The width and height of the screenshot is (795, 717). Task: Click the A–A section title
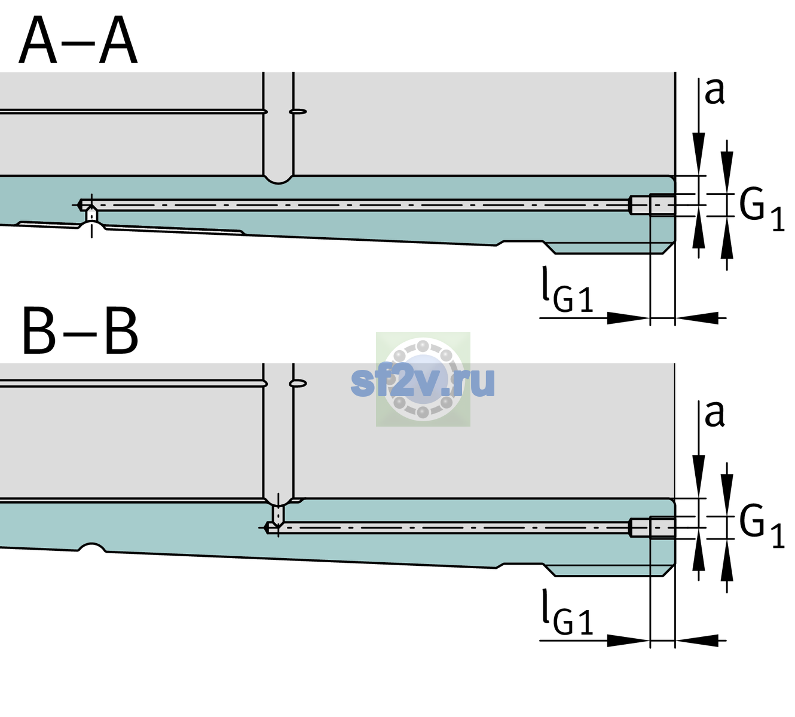click(x=78, y=40)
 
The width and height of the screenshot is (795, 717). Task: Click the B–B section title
click(x=81, y=331)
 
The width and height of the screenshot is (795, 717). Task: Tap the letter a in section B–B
click(x=714, y=414)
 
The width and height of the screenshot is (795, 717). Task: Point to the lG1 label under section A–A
click(x=567, y=290)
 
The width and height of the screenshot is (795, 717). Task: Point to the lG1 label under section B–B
click(x=567, y=612)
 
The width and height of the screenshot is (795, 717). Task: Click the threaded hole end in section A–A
click(x=652, y=205)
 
